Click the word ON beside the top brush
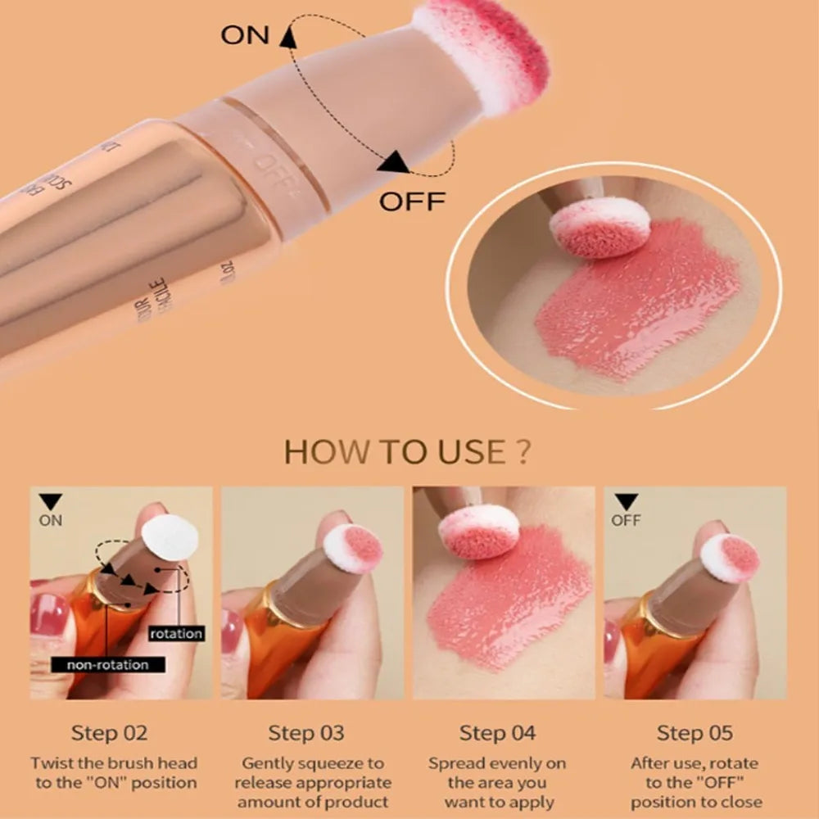[x=244, y=36]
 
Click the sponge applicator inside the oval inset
[x=600, y=227]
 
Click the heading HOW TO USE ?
[x=407, y=452]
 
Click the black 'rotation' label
[x=176, y=633]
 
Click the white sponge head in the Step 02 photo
[x=170, y=539]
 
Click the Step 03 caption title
[x=306, y=733]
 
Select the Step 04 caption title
[x=497, y=733]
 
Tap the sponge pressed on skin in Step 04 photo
[x=479, y=532]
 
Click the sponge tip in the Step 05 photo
[x=730, y=558]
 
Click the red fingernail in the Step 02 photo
[x=48, y=614]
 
